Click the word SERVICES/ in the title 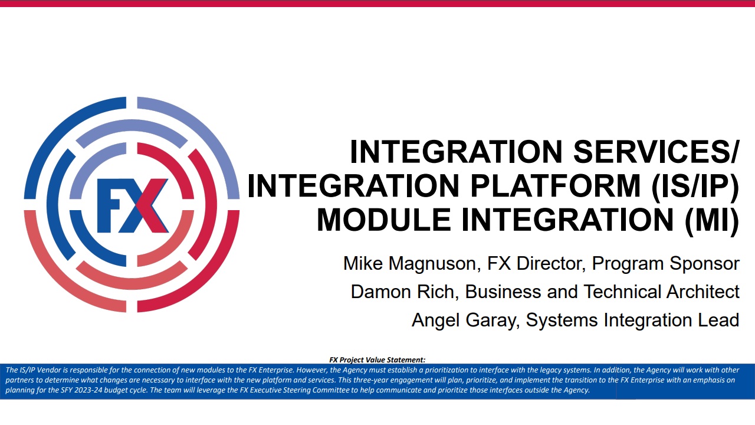click(x=655, y=152)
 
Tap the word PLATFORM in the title click(x=555, y=185)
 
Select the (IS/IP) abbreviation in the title click(x=695, y=187)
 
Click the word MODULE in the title click(x=384, y=220)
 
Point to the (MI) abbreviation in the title click(x=712, y=221)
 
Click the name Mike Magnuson click(x=409, y=263)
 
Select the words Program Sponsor click(x=666, y=263)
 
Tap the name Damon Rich click(x=403, y=292)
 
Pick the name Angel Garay click(x=464, y=320)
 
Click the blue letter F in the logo click(x=110, y=205)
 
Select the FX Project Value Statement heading click(x=377, y=360)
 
